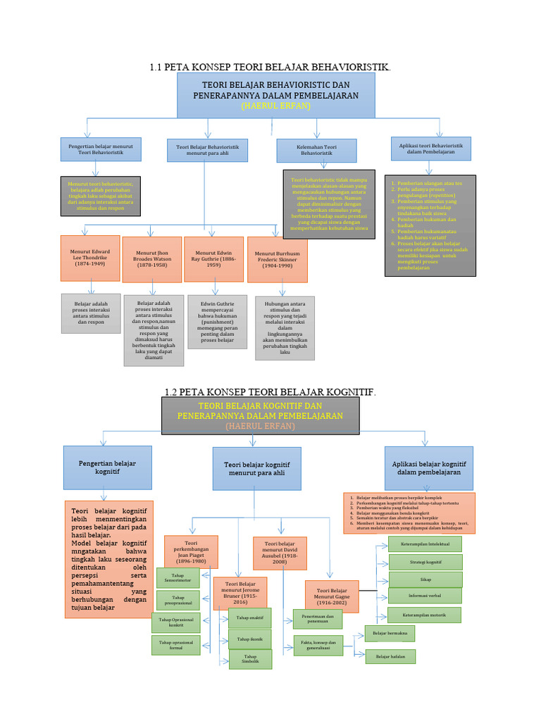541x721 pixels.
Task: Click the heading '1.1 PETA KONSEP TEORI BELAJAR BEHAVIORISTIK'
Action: pyautogui.click(x=270, y=67)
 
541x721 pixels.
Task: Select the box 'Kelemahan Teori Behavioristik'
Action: pyautogui.click(x=316, y=150)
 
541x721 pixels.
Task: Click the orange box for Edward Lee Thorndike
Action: pyautogui.click(x=90, y=258)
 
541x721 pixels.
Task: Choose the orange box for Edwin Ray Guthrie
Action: pyautogui.click(x=213, y=258)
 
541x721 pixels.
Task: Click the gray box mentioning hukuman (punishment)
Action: pyautogui.click(x=217, y=321)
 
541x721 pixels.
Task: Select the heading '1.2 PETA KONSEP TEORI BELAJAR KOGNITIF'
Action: pyautogui.click(x=270, y=391)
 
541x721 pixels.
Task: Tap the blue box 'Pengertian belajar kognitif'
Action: pyautogui.click(x=108, y=468)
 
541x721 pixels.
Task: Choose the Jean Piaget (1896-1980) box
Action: pyautogui.click(x=191, y=552)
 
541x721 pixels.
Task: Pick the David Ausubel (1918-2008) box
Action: pyautogui.click(x=280, y=553)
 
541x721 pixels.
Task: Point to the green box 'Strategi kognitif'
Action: pyautogui.click(x=425, y=562)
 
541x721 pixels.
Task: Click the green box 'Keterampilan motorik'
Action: pyautogui.click(x=425, y=614)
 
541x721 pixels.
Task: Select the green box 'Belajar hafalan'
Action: pyautogui.click(x=390, y=656)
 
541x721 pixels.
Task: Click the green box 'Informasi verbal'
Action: pyautogui.click(x=425, y=596)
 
